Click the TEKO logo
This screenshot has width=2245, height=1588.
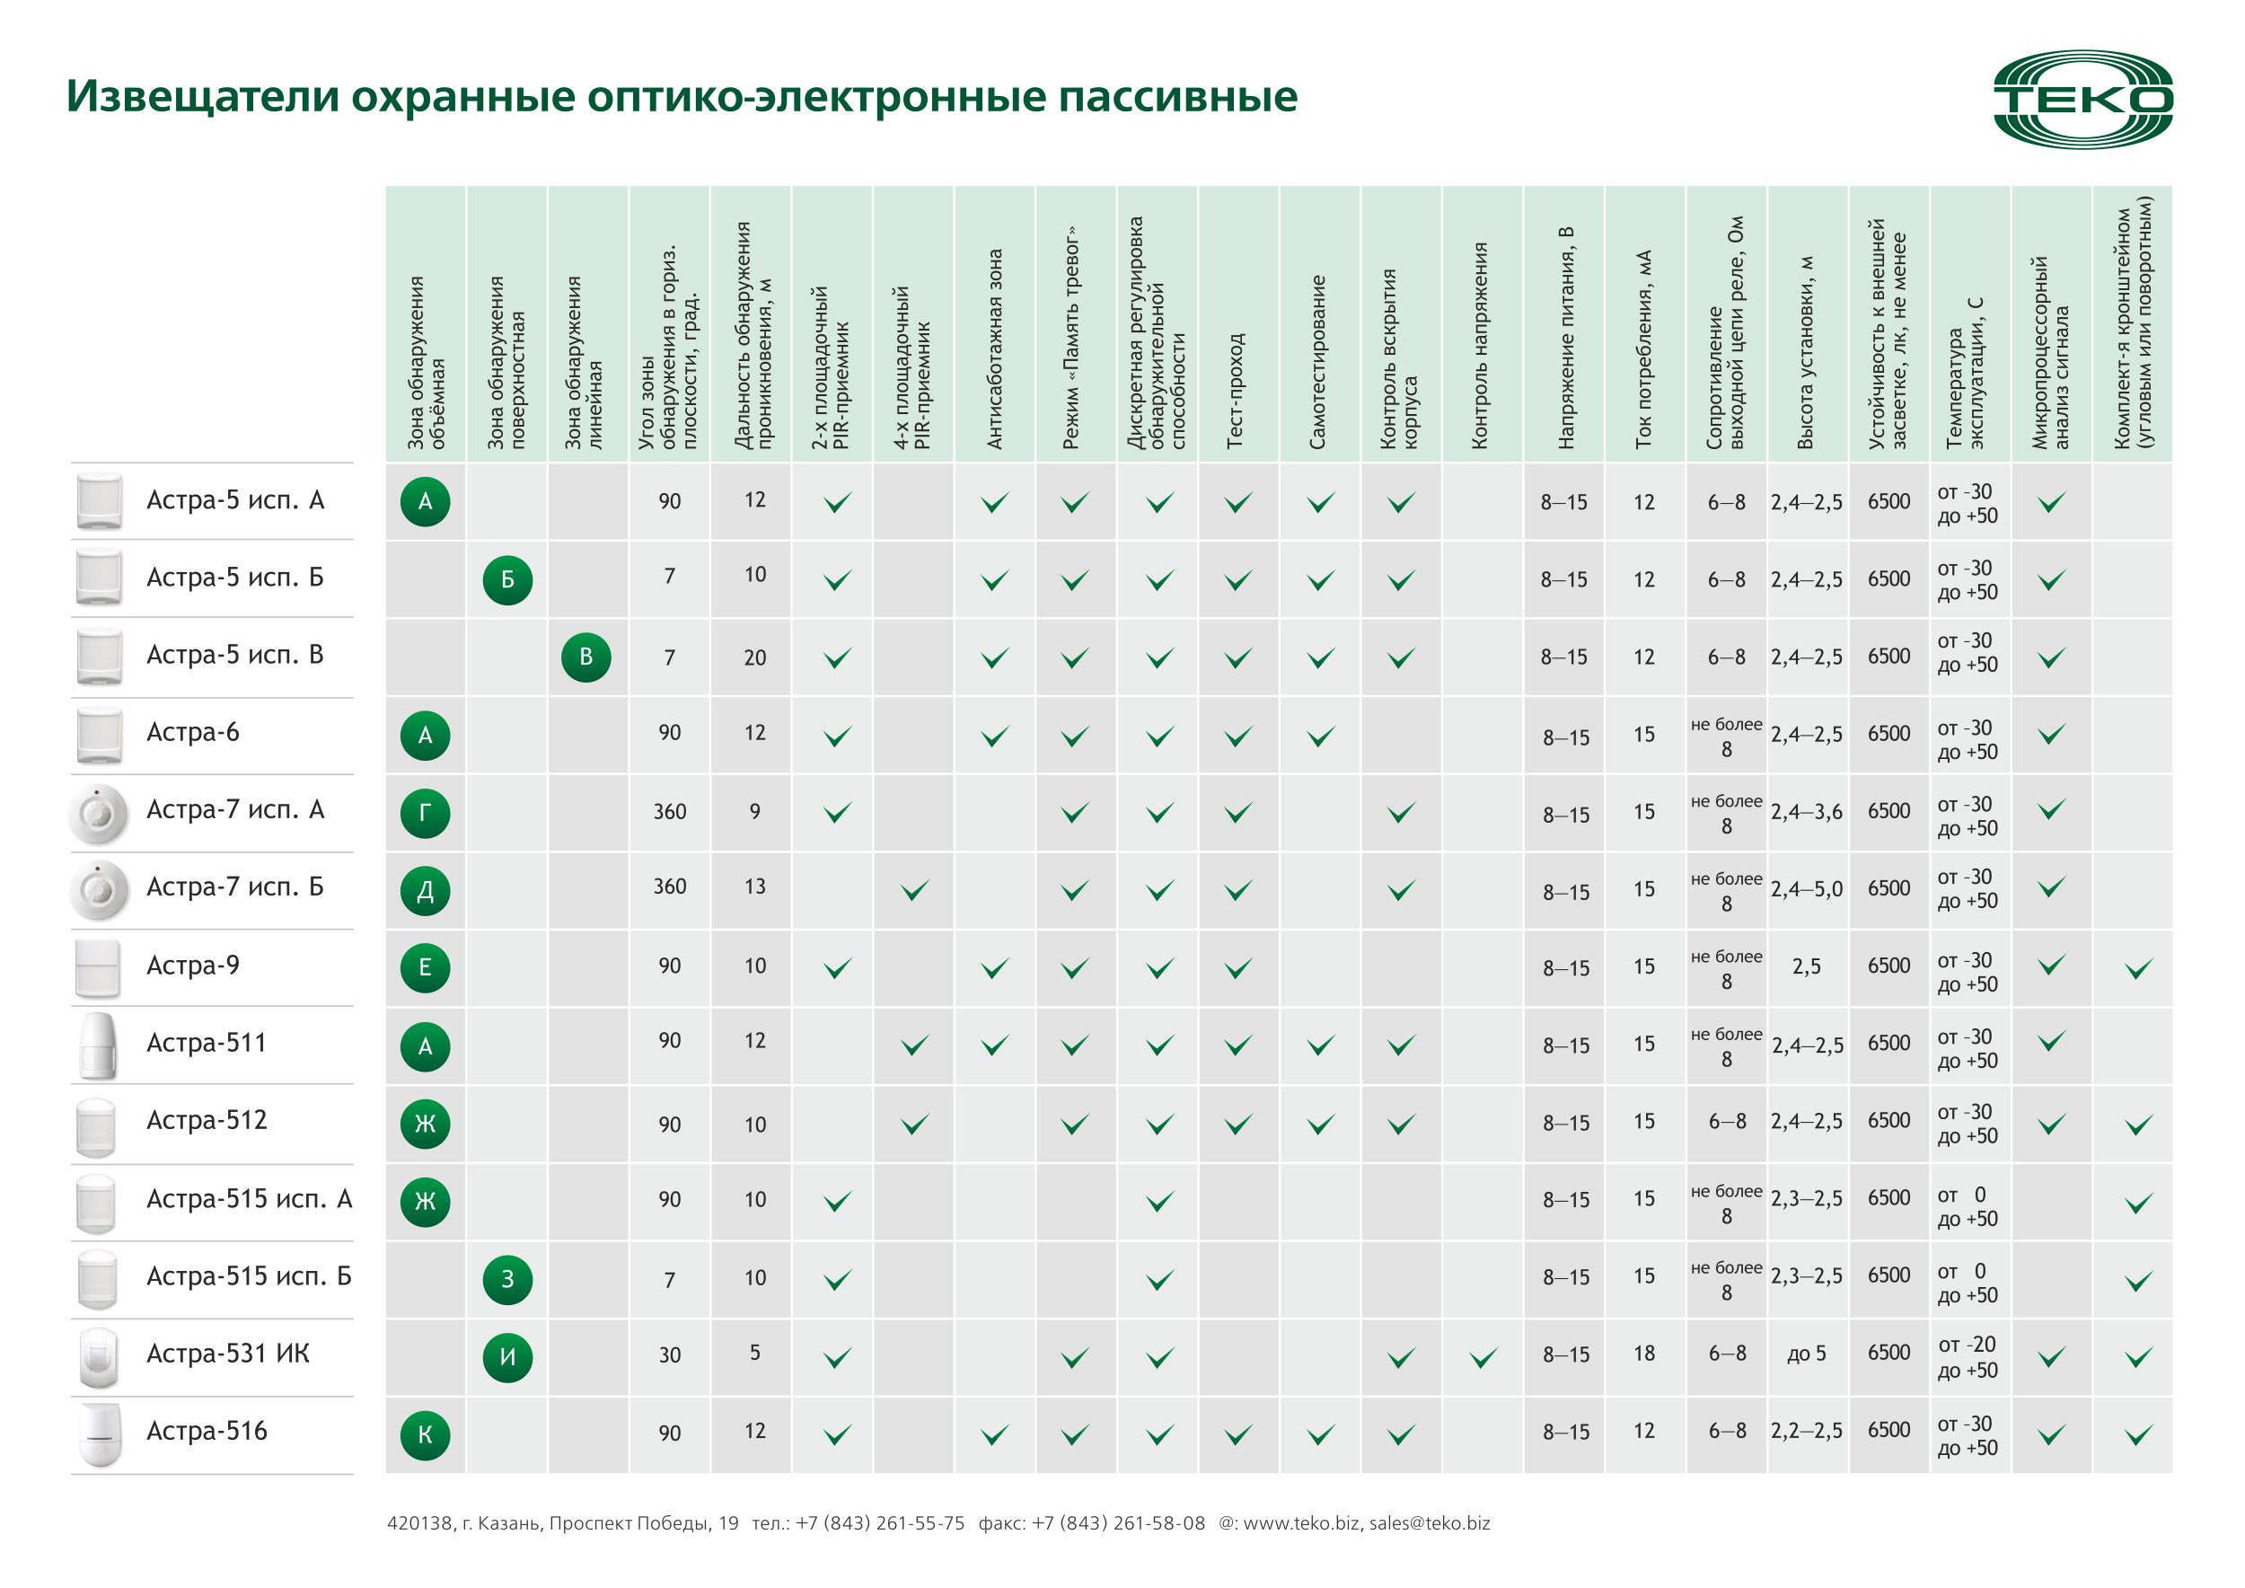click(2082, 100)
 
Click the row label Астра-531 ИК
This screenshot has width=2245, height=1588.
click(228, 1354)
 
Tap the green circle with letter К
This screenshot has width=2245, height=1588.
click(426, 1434)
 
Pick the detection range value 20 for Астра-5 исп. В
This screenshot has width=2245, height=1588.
click(755, 657)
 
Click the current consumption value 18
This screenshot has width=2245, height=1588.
click(1643, 1354)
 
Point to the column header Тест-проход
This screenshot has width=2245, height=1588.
click(1236, 391)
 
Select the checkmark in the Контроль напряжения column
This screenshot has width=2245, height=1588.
click(1483, 1357)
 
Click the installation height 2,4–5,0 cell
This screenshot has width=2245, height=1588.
click(1806, 889)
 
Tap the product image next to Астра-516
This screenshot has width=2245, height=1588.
click(99, 1434)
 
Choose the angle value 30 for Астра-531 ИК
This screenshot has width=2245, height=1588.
click(670, 1354)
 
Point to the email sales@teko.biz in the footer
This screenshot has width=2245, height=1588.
click(1429, 1522)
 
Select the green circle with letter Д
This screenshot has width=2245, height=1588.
click(426, 890)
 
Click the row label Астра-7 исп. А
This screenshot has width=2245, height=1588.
click(234, 809)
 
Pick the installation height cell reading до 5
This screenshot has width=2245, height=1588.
click(1806, 1354)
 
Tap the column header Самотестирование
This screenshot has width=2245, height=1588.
click(1318, 363)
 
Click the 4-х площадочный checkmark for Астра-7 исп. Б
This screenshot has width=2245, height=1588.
click(914, 890)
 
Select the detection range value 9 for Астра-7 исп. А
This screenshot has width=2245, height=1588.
click(755, 811)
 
